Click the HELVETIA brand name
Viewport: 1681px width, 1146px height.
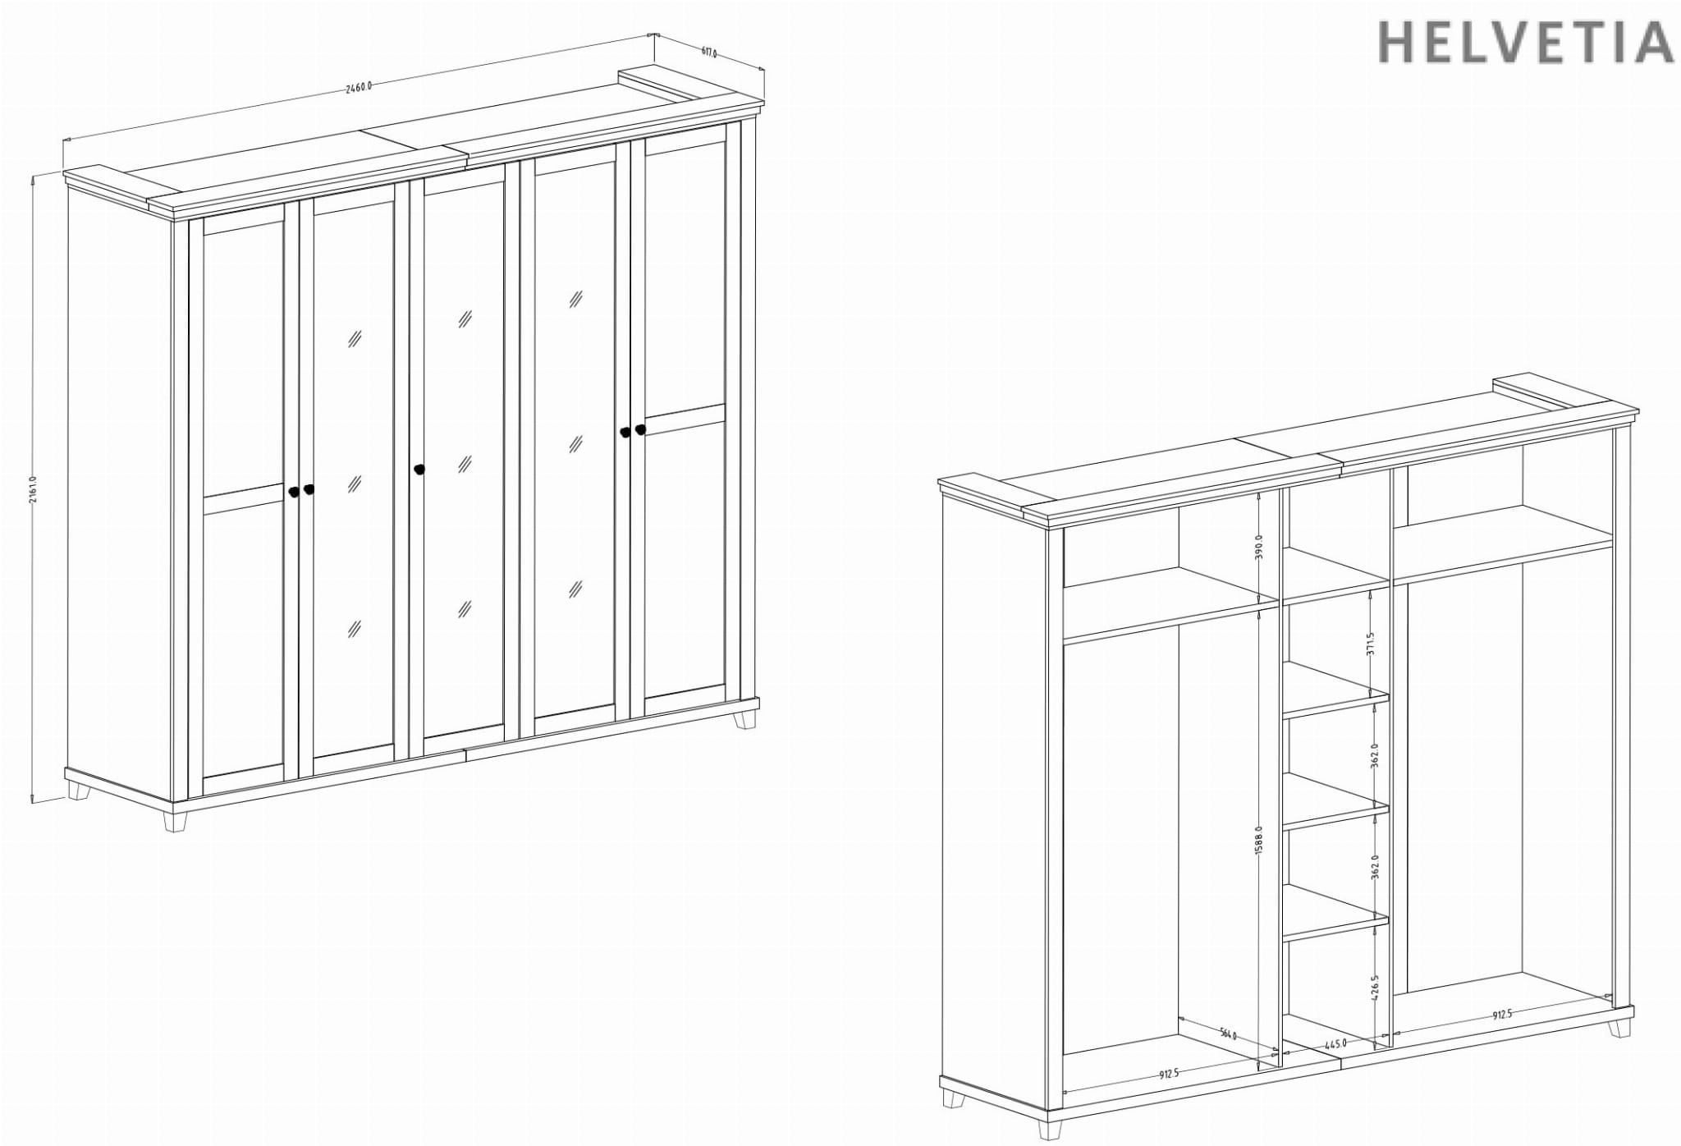[1525, 43]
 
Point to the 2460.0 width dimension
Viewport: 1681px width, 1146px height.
[359, 86]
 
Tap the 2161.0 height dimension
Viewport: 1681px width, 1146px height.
[33, 489]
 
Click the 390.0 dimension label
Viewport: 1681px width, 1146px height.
[1259, 547]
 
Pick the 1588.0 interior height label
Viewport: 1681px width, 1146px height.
[1259, 841]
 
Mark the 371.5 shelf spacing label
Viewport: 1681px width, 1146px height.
[1370, 644]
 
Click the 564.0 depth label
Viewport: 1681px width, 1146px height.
[1228, 1034]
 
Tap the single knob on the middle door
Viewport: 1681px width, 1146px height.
[419, 470]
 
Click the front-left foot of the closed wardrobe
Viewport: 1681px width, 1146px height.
[175, 822]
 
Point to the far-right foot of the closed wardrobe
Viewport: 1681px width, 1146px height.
[745, 720]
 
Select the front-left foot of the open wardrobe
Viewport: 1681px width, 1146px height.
[1049, 1130]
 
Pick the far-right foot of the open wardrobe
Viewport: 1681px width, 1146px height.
[1619, 1028]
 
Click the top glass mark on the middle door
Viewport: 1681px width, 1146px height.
[465, 319]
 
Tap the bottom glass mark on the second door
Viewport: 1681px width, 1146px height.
[355, 629]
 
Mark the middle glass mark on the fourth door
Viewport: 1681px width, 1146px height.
[575, 444]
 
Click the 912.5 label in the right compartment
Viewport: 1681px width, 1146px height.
[1502, 1015]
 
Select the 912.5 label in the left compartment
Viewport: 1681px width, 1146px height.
[1169, 1074]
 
